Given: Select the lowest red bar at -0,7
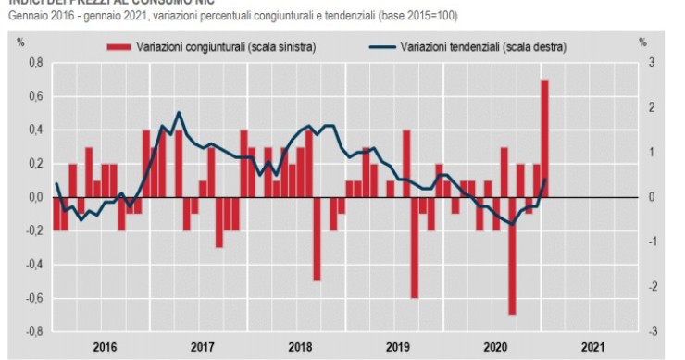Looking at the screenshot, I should tap(512, 256).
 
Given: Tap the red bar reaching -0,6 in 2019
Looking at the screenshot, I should tap(415, 248).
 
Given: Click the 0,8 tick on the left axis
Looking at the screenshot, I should tap(36, 63).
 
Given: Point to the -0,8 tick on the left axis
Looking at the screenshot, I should tap(34, 331).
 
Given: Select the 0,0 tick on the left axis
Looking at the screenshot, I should tap(36, 197).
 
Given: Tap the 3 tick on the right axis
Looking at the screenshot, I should tap(652, 63).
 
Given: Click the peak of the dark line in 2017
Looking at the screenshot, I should tap(178, 113).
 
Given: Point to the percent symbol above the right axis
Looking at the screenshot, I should tap(641, 42).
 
